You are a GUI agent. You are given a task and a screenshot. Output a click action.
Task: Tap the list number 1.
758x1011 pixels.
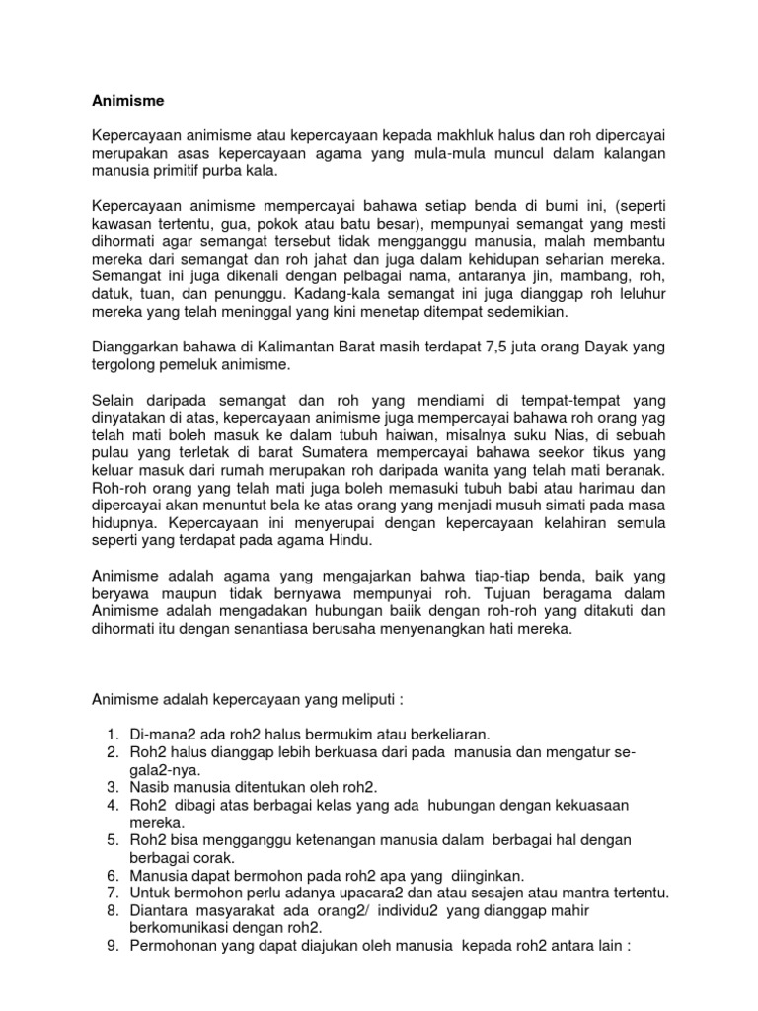coord(110,734)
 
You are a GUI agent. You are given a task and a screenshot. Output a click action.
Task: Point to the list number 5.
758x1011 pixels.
coord(110,840)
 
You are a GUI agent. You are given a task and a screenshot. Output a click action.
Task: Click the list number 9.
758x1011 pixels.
coord(110,947)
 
